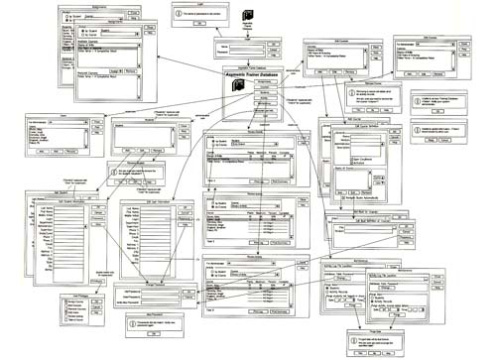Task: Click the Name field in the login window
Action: pos(247,45)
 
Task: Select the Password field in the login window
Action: pos(247,52)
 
